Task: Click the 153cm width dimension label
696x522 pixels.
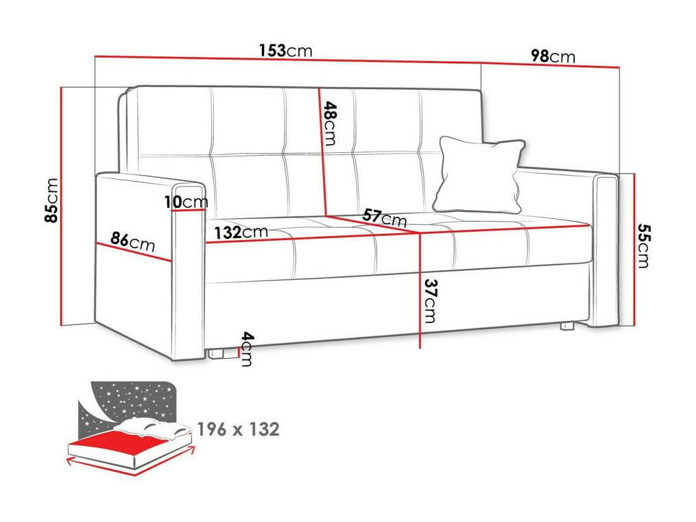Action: pyautogui.click(x=286, y=51)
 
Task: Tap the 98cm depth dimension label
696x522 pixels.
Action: pyautogui.click(x=553, y=56)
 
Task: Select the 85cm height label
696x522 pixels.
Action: pyautogui.click(x=51, y=200)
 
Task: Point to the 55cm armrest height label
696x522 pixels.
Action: pyautogui.click(x=643, y=246)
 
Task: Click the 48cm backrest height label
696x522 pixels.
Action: pyautogui.click(x=330, y=123)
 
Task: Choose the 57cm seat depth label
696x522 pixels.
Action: pyautogui.click(x=385, y=217)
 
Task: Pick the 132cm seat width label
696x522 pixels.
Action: pyautogui.click(x=241, y=232)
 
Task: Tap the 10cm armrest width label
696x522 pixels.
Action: pyautogui.click(x=186, y=202)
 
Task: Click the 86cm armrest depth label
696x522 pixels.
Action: pyautogui.click(x=133, y=242)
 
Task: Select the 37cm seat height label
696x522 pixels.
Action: pyautogui.click(x=430, y=300)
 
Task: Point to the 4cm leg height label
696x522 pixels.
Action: pyautogui.click(x=246, y=349)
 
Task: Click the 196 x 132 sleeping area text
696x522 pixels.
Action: pyautogui.click(x=239, y=429)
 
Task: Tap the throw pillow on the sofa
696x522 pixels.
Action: pyautogui.click(x=479, y=174)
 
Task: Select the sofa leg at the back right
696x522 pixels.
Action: pyautogui.click(x=566, y=326)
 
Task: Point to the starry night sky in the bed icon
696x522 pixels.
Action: pyautogui.click(x=129, y=402)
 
